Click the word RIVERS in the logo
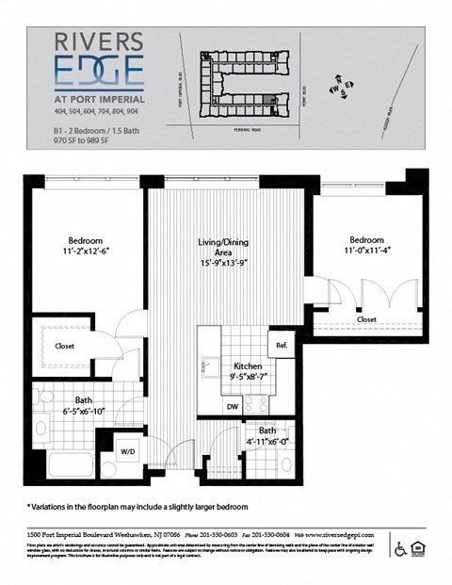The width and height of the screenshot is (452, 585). click(x=99, y=41)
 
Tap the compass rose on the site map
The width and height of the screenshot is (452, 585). click(x=340, y=89)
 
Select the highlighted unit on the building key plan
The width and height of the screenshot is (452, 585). click(x=273, y=100)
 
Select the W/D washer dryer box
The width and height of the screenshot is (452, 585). click(x=126, y=448)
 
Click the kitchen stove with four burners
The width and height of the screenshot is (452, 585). click(x=256, y=403)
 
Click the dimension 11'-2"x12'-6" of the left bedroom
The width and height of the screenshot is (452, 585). click(x=84, y=252)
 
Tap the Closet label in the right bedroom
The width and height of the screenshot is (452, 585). click(x=366, y=319)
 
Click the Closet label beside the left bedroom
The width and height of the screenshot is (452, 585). click(x=65, y=346)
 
